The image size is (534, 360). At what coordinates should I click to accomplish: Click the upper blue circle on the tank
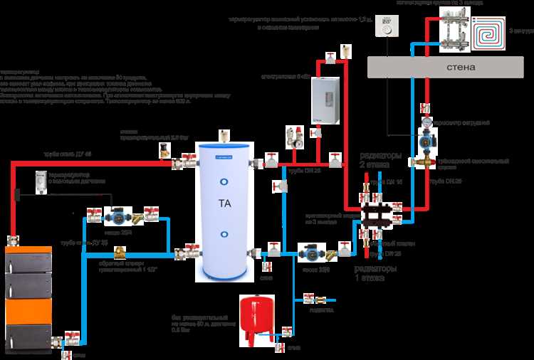[x=224, y=171]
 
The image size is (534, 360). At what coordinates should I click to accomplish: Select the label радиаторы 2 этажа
[x=380, y=159]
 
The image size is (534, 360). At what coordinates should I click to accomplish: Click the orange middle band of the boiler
[x=28, y=311]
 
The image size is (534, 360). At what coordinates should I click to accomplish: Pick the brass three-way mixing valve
[x=426, y=162]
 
